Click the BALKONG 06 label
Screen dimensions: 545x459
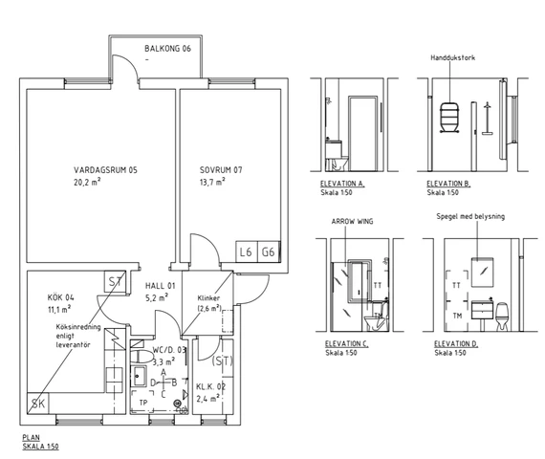(x=168, y=49)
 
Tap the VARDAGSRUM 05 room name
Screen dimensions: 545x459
(x=105, y=170)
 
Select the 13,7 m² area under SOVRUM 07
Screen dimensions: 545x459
(x=212, y=182)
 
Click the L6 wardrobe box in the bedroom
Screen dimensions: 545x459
(x=246, y=251)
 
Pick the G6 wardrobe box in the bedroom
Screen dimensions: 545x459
(x=269, y=251)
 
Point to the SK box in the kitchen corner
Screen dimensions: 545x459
(x=38, y=404)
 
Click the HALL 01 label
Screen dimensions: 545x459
(x=161, y=286)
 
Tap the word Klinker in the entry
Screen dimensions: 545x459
(x=208, y=298)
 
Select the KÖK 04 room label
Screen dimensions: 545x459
(x=61, y=297)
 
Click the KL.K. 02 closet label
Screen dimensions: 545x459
(x=210, y=386)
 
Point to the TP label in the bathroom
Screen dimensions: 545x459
(x=143, y=403)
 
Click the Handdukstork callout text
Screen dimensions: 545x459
(x=452, y=57)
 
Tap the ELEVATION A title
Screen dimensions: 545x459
(x=342, y=184)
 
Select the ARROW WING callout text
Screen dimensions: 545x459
(x=352, y=221)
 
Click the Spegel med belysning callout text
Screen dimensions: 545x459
(x=470, y=216)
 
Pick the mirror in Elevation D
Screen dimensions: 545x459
(x=482, y=273)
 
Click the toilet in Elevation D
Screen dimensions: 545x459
(x=502, y=317)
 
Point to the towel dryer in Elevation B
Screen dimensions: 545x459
(x=449, y=118)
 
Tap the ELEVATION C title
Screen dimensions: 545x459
(x=346, y=343)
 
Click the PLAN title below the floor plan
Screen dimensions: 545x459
(x=32, y=437)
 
